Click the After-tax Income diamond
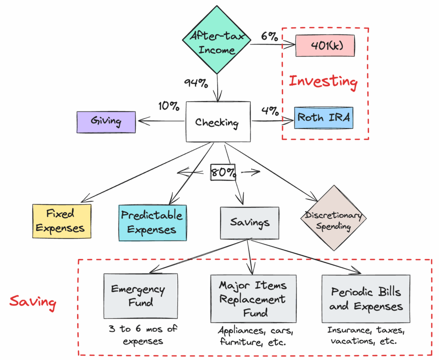click(x=216, y=40)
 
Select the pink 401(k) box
click(x=325, y=45)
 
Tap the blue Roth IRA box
click(x=324, y=118)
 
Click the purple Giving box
click(x=106, y=122)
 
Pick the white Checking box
click(x=218, y=122)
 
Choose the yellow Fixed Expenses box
click(x=62, y=221)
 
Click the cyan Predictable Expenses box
click(x=153, y=223)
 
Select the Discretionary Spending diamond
click(x=334, y=218)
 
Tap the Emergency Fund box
click(x=141, y=296)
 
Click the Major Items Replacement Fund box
click(x=253, y=299)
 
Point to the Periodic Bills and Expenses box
click(x=366, y=299)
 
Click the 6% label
click(x=269, y=36)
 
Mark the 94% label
click(x=196, y=83)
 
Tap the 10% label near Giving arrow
click(x=168, y=106)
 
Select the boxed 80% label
click(x=223, y=172)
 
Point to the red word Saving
click(x=33, y=302)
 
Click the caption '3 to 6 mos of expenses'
click(x=143, y=335)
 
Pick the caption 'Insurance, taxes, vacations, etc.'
click(x=366, y=336)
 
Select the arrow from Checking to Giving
click(x=162, y=121)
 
